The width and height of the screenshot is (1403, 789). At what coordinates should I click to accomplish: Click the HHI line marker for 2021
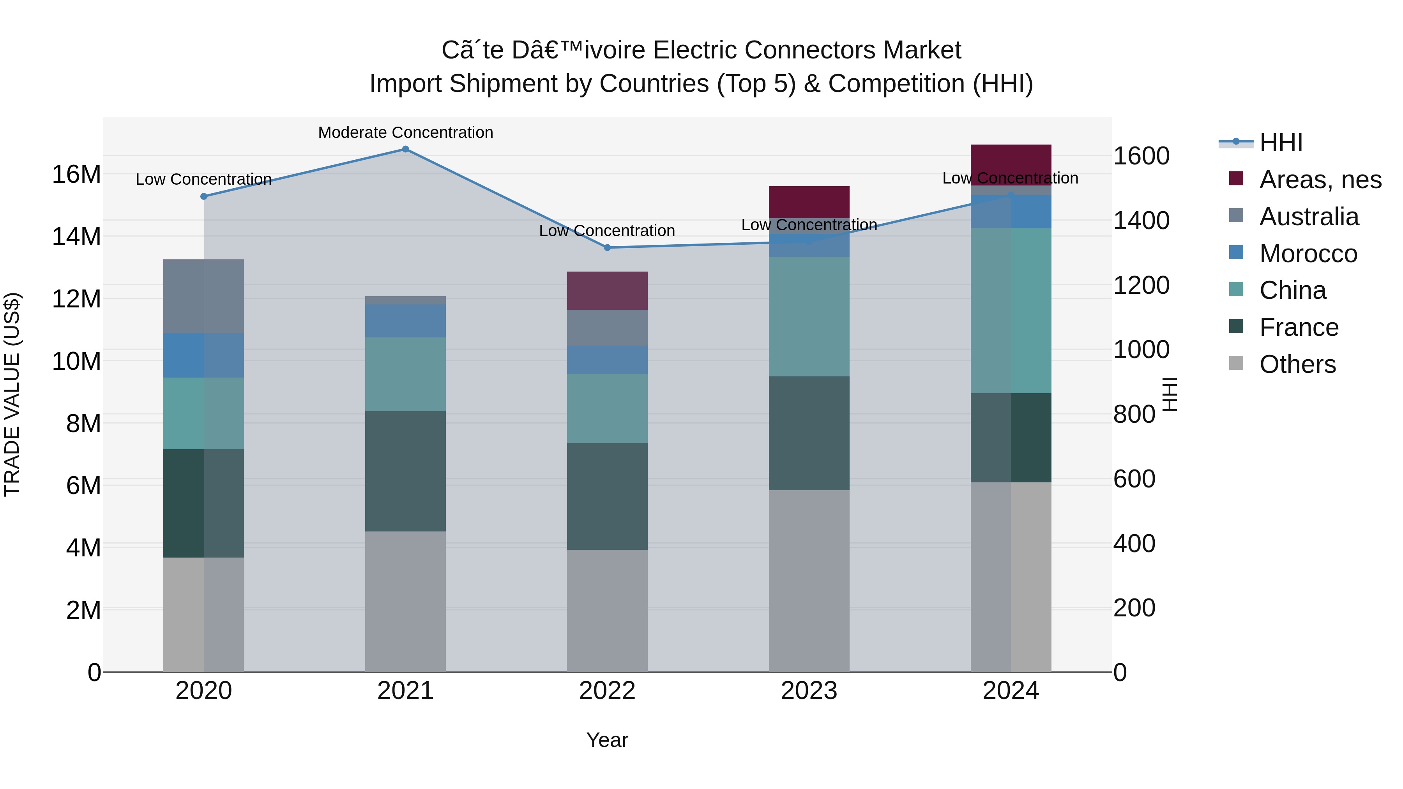(405, 149)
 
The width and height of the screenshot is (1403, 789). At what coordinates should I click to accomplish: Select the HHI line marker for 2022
(607, 248)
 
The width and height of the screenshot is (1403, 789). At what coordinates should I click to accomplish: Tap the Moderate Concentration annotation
(405, 132)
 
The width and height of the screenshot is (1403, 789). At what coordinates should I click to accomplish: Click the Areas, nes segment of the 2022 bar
(607, 290)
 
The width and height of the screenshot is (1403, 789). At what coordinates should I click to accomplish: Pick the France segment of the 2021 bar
(405, 471)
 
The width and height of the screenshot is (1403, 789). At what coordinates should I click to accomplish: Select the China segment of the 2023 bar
(809, 316)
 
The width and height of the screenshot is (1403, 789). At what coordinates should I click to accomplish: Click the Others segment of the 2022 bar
(607, 611)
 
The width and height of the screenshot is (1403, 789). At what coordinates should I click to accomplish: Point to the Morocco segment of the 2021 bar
(405, 321)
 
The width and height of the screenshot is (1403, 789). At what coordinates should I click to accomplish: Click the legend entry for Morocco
(1308, 254)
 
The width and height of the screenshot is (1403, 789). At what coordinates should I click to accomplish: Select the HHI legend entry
(1280, 143)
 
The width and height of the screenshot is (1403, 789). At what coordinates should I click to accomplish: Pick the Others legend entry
(1297, 364)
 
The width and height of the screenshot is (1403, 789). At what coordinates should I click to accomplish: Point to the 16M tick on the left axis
(76, 175)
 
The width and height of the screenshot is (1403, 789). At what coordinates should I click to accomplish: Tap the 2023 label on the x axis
(809, 691)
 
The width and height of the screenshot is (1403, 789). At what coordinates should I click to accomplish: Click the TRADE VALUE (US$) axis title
(12, 394)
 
